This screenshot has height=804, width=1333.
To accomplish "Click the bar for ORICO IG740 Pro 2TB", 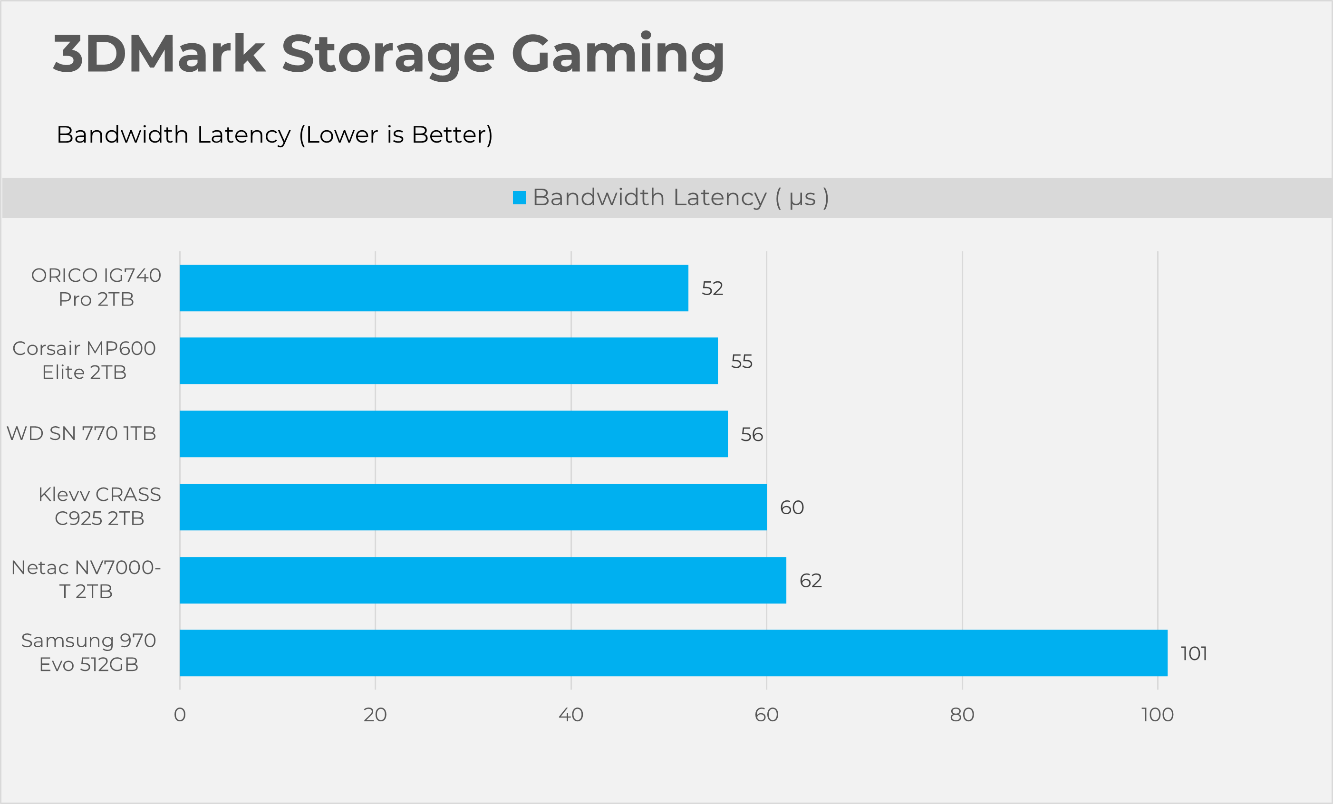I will pyautogui.click(x=434, y=288).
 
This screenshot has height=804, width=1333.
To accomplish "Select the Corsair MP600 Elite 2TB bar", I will pyautogui.click(x=448, y=361).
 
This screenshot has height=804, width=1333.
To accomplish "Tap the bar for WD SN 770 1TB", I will pyautogui.click(x=454, y=434).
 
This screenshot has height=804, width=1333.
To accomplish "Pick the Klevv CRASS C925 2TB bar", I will pyautogui.click(x=473, y=507).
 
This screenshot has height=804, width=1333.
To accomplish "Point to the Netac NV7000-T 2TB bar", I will pyautogui.click(x=483, y=580).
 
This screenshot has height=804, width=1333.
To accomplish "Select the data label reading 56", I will pyautogui.click(x=752, y=435).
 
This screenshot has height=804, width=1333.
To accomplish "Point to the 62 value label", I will pyautogui.click(x=811, y=581).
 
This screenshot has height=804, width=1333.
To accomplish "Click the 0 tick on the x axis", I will pyautogui.click(x=180, y=715).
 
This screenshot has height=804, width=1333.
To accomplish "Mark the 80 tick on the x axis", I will pyautogui.click(x=962, y=715).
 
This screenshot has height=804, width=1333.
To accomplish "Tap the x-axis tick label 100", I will pyautogui.click(x=1157, y=715).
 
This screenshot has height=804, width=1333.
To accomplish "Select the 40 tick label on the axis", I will pyautogui.click(x=571, y=715).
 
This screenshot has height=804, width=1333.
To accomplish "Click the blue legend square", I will pyautogui.click(x=519, y=198).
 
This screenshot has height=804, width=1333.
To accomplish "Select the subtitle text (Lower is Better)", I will pyautogui.click(x=396, y=134).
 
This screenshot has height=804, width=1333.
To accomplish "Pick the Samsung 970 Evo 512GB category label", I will pyautogui.click(x=89, y=652).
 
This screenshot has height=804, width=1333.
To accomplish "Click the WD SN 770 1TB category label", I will pyautogui.click(x=81, y=434).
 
